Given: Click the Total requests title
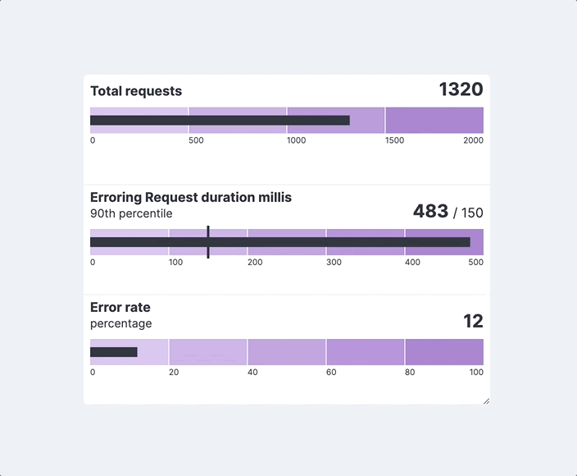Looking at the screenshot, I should pos(136,91).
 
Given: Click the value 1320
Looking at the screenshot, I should pos(461,89).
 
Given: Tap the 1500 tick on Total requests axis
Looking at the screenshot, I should pos(394,140).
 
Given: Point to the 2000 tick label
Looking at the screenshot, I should pos(473,140).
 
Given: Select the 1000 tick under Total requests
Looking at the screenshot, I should pos(296,140).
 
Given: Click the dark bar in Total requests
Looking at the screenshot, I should pos(220,121).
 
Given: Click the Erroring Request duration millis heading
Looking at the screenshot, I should pos(190,197).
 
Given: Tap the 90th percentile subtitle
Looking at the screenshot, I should pos(131,213).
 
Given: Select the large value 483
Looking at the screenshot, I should pos(430,212).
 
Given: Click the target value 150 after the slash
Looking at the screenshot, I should pos(472,213).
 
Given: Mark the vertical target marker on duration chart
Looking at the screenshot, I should pos(208,242).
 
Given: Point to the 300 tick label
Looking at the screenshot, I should pos(334,263).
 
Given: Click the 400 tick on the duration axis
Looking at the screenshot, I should pos(412,263).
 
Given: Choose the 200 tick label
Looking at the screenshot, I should pos(255,263).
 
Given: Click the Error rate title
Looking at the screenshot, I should pos(120,307).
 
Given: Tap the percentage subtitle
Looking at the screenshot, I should pos(120,323).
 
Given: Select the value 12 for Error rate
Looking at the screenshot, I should pos(473,321).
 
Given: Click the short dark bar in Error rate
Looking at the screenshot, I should pos(114,352).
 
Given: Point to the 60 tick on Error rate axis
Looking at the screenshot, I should pos(331,373).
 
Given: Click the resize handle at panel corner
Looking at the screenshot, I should pos(486,400).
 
